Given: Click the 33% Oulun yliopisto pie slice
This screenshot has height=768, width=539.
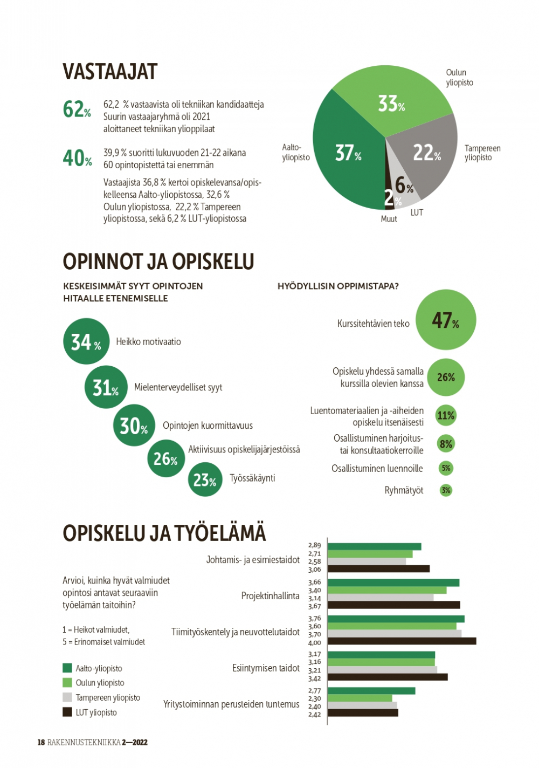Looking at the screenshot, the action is [391, 103].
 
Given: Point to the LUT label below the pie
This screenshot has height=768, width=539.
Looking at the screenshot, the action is [417, 212].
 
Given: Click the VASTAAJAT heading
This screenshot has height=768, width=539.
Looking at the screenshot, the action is [110, 72].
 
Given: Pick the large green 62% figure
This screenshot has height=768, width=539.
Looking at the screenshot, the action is [77, 109].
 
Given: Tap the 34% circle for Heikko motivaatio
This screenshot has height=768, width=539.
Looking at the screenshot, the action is [86, 341].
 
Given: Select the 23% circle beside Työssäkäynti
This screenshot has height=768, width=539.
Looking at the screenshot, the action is [205, 479].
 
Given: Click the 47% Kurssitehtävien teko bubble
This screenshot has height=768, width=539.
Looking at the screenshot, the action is [446, 319].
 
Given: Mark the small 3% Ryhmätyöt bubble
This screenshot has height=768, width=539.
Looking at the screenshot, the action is [446, 490].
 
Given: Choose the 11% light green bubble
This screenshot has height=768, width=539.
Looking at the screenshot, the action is [446, 415].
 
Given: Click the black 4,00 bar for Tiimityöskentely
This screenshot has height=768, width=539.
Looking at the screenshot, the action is [402, 641].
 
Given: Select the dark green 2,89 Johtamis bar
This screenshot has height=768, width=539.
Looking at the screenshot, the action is [375, 546].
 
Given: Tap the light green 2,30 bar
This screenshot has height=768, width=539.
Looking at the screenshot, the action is [360, 698].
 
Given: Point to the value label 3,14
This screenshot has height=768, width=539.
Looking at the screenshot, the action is [315, 598].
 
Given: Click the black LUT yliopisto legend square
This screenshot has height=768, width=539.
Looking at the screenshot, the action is [67, 712].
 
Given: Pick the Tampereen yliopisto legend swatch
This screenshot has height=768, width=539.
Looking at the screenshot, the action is [67, 697].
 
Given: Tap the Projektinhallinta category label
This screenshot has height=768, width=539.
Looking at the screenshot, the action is [271, 596].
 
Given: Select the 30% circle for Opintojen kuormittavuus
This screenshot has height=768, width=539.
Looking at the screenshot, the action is [134, 425].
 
